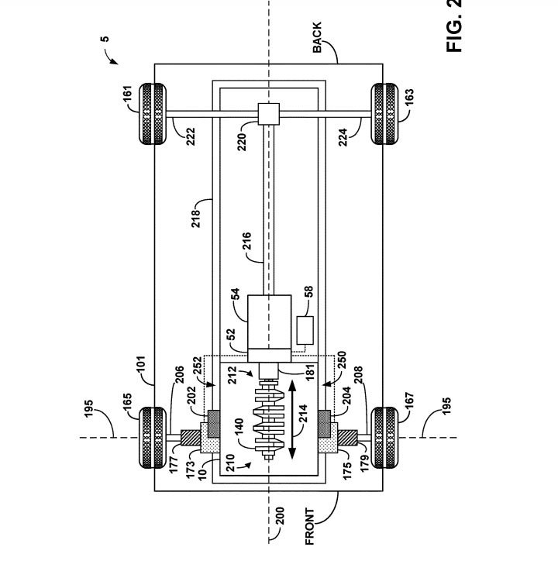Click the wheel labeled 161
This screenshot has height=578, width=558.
pyautogui.click(x=153, y=114)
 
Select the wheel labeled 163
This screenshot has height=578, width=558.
pyautogui.click(x=384, y=114)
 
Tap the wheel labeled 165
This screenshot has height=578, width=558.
pyautogui.click(x=153, y=438)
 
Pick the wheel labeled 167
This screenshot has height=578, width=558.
pyautogui.click(x=384, y=438)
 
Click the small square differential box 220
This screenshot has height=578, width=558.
pyautogui.click(x=268, y=114)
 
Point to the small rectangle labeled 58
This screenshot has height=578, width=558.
pyautogui.click(x=305, y=330)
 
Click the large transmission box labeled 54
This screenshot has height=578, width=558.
pyautogui.click(x=269, y=322)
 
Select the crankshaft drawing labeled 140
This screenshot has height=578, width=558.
pyautogui.click(x=269, y=420)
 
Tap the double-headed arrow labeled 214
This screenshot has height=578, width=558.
pyautogui.click(x=292, y=420)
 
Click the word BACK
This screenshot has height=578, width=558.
pyautogui.click(x=317, y=37)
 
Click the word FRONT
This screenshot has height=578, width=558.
pyautogui.click(x=310, y=526)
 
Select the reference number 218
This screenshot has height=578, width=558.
pyautogui.click(x=195, y=218)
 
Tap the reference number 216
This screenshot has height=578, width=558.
pyautogui.click(x=246, y=241)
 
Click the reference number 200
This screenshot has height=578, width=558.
pyautogui.click(x=281, y=516)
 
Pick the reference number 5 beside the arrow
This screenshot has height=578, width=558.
pyautogui.click(x=105, y=39)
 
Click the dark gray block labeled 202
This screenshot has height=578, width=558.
pyautogui.click(x=214, y=424)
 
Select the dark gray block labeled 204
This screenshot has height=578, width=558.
pyautogui.click(x=324, y=424)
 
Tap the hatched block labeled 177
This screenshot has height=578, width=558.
pyautogui.click(x=191, y=438)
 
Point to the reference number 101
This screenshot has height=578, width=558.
pyautogui.click(x=141, y=364)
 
